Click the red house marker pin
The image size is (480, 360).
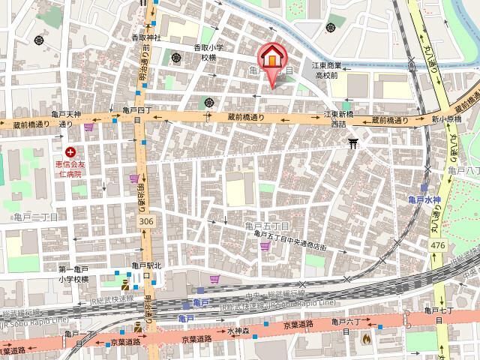coord(271,58)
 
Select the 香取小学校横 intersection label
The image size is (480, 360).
coord(210,52)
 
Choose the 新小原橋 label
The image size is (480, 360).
coord(445,118)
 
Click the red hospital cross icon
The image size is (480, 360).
coord(70,151)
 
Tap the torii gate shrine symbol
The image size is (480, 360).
coord(353,142)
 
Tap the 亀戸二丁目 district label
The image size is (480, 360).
coord(35,216)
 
